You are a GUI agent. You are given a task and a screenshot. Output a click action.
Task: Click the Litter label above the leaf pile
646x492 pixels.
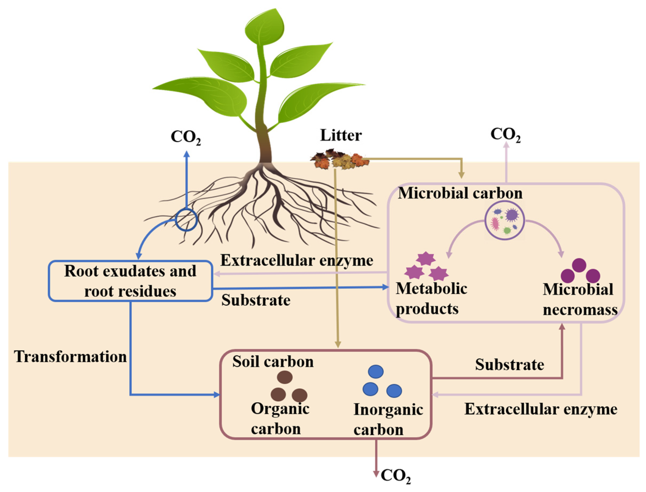click(x=341, y=135)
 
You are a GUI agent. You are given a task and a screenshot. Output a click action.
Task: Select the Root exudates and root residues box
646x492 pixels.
click(x=130, y=281)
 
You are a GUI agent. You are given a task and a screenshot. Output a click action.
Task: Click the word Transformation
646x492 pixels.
click(x=71, y=357)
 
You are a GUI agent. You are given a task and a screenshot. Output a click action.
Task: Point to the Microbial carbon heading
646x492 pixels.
click(x=460, y=193)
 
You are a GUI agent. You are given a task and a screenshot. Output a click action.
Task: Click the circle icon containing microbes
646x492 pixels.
click(x=504, y=220)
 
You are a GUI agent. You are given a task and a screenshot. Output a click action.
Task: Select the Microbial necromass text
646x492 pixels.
click(x=580, y=299)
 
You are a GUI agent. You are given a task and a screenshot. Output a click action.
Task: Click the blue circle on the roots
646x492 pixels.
click(x=186, y=220)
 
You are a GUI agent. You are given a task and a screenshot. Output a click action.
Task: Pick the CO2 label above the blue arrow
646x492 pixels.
click(x=186, y=137)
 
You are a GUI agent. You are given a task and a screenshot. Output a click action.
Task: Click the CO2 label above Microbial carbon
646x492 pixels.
click(x=506, y=135)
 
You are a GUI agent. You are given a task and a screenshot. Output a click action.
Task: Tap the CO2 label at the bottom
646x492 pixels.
click(x=396, y=476)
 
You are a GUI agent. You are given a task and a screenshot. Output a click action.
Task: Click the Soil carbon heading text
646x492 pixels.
click(x=273, y=362)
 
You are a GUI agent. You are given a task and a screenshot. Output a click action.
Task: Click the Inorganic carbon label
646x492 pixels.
click(x=388, y=419)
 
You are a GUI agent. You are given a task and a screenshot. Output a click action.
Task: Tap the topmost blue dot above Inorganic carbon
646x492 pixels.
click(x=376, y=371)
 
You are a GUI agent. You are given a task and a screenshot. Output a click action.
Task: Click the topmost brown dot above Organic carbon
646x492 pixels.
click(x=285, y=377)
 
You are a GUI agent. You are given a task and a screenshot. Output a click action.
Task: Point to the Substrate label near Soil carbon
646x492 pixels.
click(x=510, y=365)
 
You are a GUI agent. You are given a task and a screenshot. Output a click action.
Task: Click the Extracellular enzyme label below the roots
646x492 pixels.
click(x=296, y=260)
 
